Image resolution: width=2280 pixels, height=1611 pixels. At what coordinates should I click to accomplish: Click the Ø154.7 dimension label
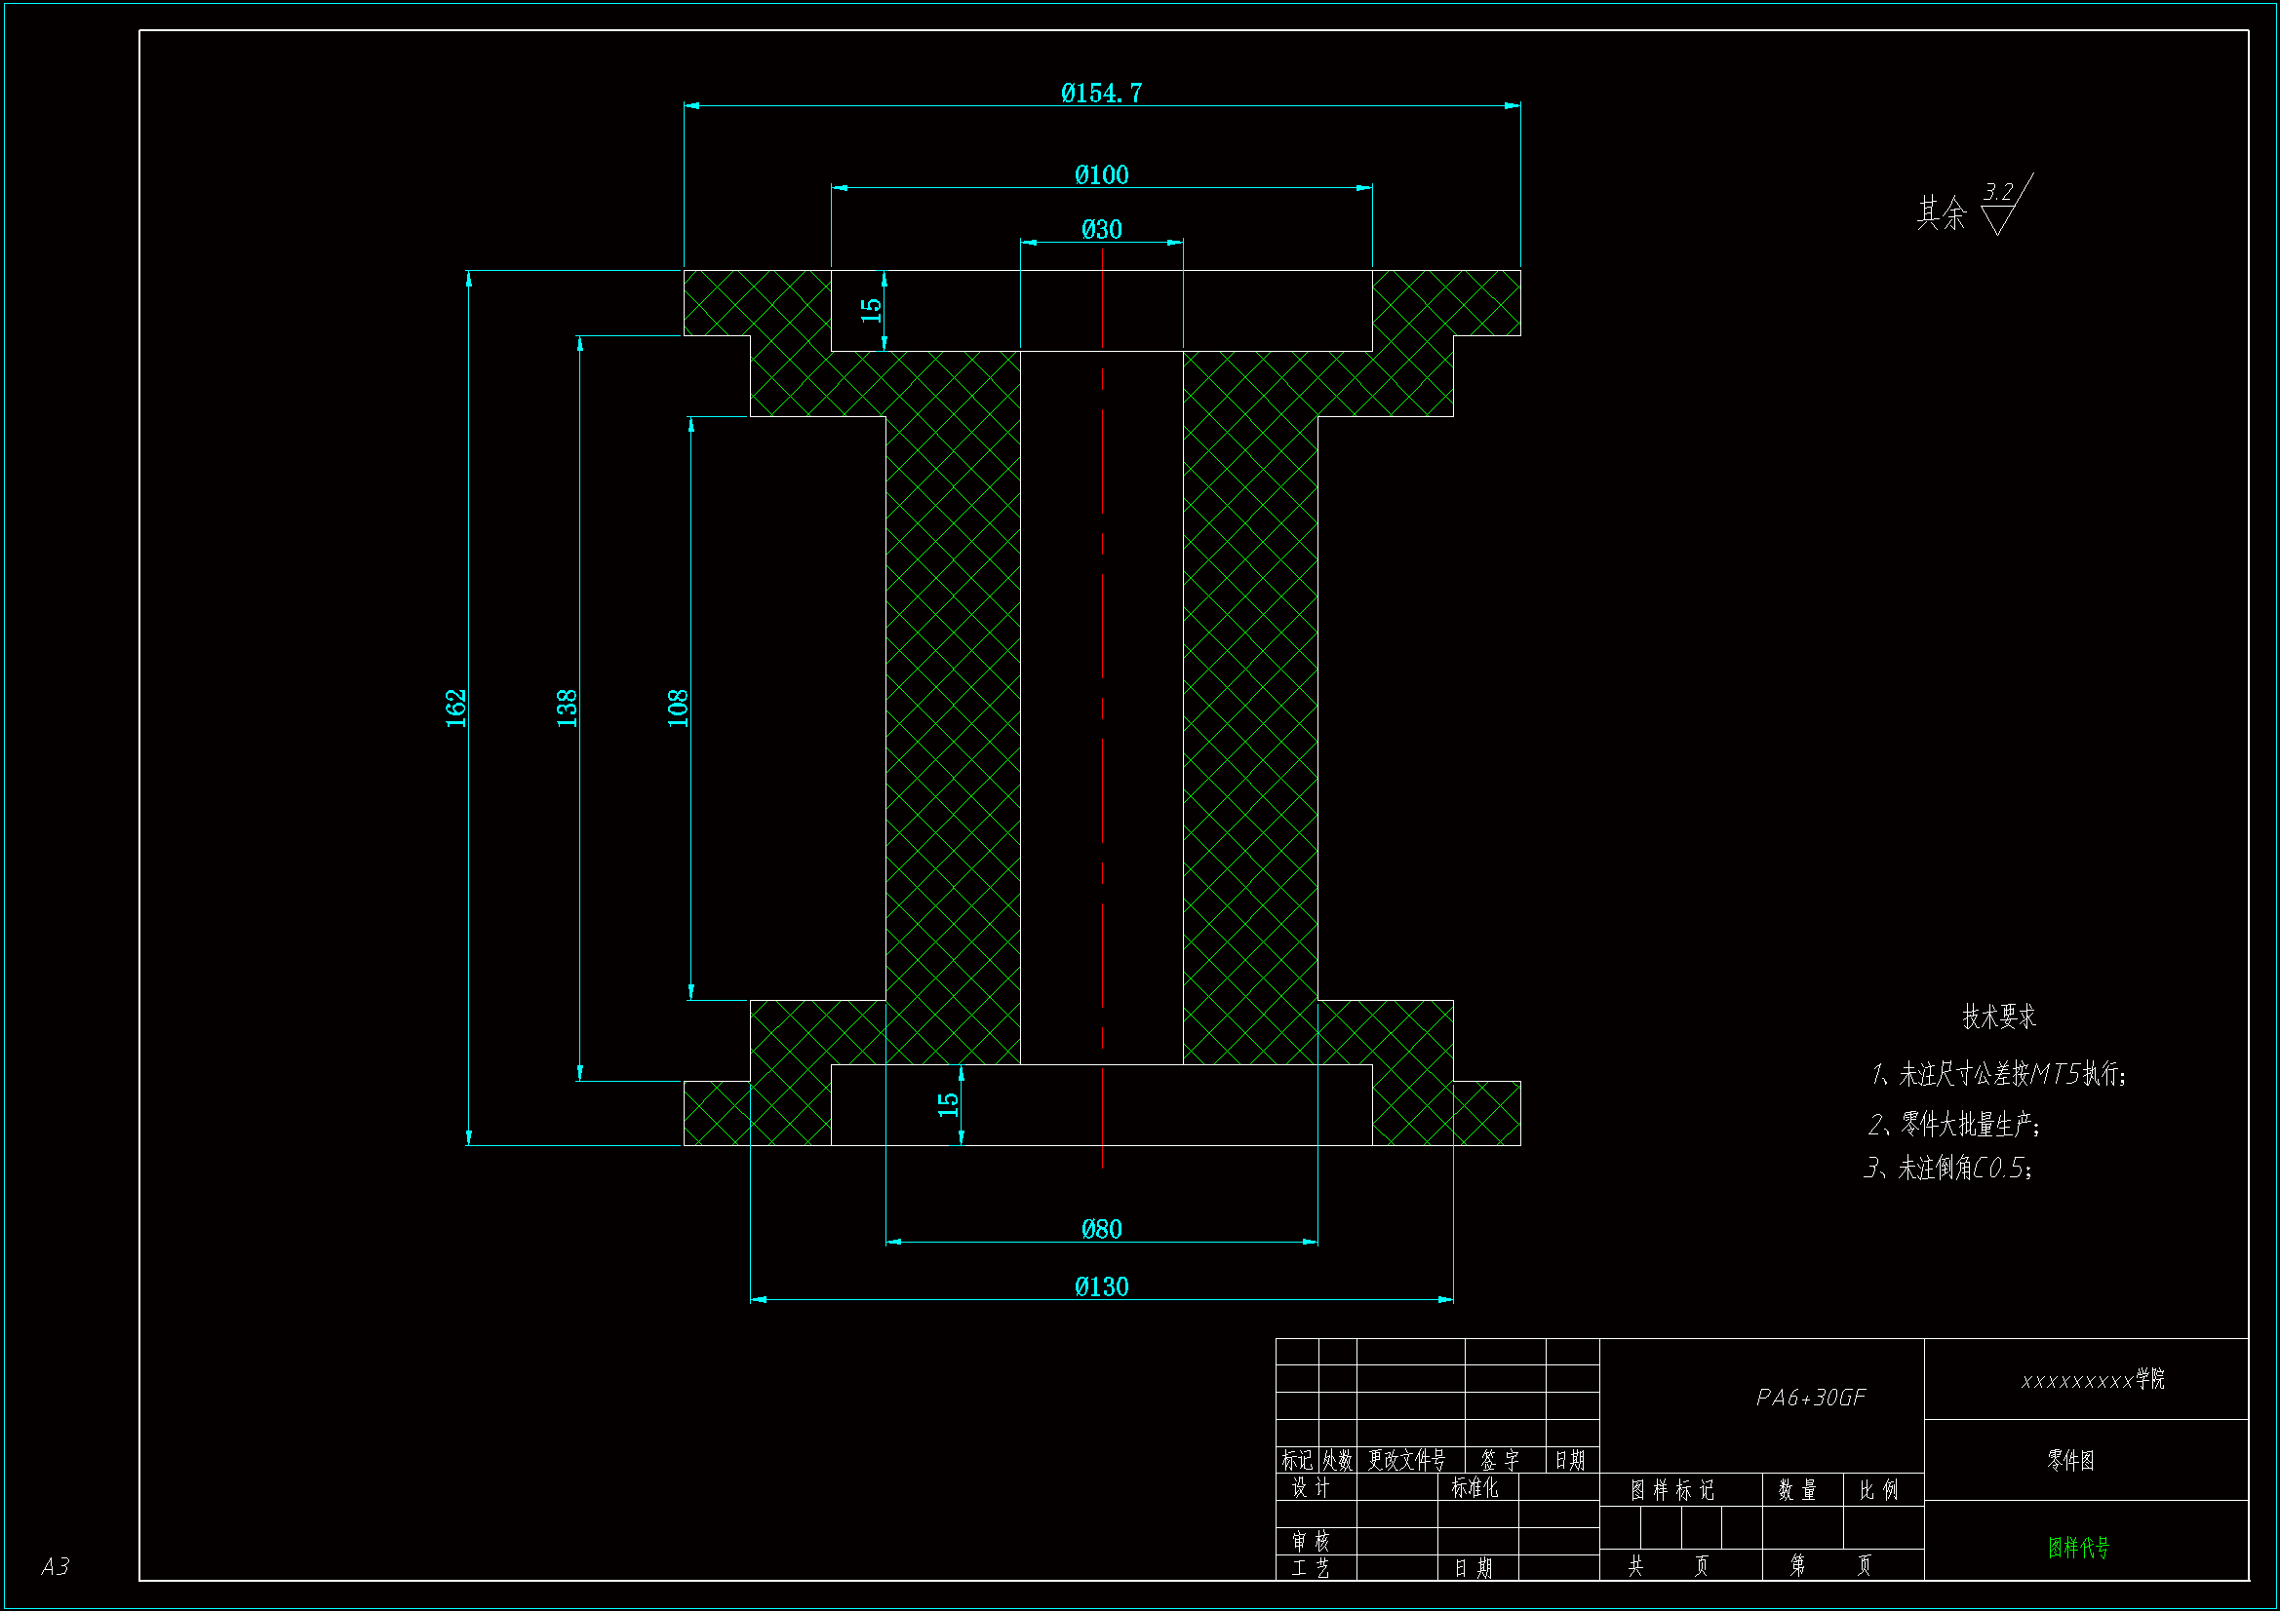click(x=1101, y=94)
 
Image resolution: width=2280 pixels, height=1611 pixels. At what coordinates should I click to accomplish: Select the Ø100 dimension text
click(x=1101, y=175)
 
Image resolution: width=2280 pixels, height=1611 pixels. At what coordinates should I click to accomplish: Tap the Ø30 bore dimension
click(x=1101, y=230)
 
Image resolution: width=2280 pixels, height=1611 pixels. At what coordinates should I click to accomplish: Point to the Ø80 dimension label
click(x=1101, y=1230)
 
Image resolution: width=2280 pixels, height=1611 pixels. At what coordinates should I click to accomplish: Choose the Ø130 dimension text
click(x=1101, y=1287)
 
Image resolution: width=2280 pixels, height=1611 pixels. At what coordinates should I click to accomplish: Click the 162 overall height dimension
click(x=455, y=708)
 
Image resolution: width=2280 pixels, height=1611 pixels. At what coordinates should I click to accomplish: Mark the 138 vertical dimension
click(x=567, y=708)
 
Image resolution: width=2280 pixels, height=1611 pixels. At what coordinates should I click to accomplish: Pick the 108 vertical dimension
click(x=678, y=708)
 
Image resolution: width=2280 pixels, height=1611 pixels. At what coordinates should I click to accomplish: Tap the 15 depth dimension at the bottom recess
click(x=948, y=1104)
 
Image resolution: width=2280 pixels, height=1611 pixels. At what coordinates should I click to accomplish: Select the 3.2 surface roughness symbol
click(x=2003, y=204)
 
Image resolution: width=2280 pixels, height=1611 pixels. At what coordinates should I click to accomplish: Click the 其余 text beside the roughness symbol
click(x=1941, y=212)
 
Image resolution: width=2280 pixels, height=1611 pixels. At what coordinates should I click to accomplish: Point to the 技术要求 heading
click(x=1998, y=1016)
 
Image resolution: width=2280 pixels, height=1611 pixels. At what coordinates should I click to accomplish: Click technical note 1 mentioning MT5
click(x=1998, y=1074)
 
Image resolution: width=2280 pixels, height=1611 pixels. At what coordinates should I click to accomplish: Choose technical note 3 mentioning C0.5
click(x=1948, y=1169)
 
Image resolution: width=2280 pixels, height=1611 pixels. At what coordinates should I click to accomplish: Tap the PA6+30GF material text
click(x=1810, y=1398)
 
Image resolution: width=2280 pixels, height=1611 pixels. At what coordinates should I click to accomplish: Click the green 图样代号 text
click(x=2078, y=1548)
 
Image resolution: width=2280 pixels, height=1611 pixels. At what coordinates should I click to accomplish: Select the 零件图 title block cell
click(x=2070, y=1460)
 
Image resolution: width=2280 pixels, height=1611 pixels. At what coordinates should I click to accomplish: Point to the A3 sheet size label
click(x=56, y=1566)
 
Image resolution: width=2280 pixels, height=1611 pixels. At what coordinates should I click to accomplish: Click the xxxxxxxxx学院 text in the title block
click(x=2093, y=1380)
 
